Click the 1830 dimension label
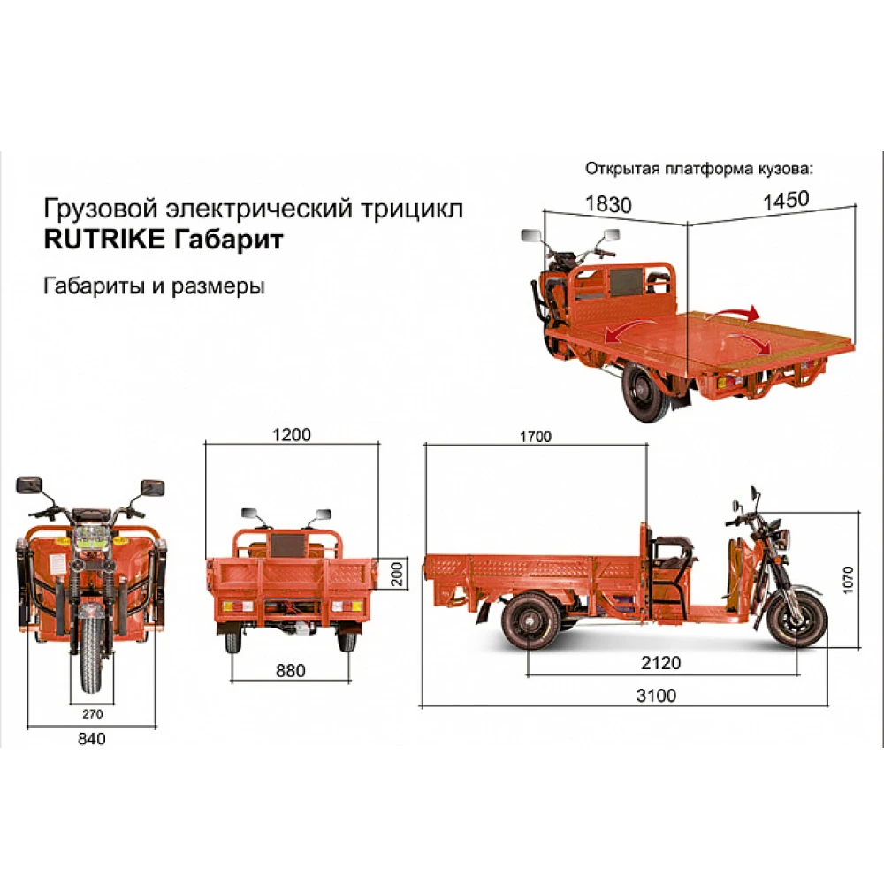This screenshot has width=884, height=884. pyautogui.click(x=608, y=204)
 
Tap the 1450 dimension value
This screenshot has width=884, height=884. pyautogui.click(x=786, y=199)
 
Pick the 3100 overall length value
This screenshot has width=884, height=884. pyautogui.click(x=656, y=696)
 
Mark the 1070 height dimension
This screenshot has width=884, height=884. pyautogui.click(x=850, y=580)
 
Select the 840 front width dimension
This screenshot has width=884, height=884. pyautogui.click(x=91, y=739)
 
